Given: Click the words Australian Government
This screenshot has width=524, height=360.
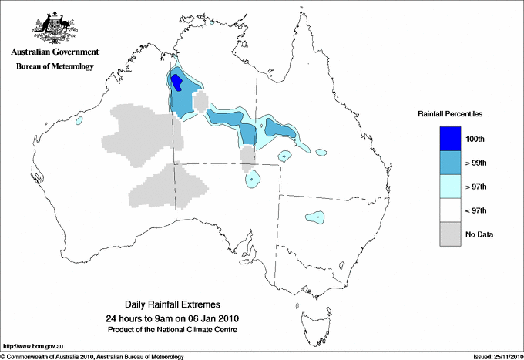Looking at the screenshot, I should click(54, 52).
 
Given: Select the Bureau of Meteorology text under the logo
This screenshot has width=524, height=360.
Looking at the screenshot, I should click(54, 67).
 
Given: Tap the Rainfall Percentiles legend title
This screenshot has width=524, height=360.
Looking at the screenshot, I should click(450, 114).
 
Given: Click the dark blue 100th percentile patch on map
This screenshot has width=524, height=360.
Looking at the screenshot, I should click(176, 81).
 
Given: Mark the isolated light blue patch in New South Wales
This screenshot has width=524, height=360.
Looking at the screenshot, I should click(315, 217).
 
